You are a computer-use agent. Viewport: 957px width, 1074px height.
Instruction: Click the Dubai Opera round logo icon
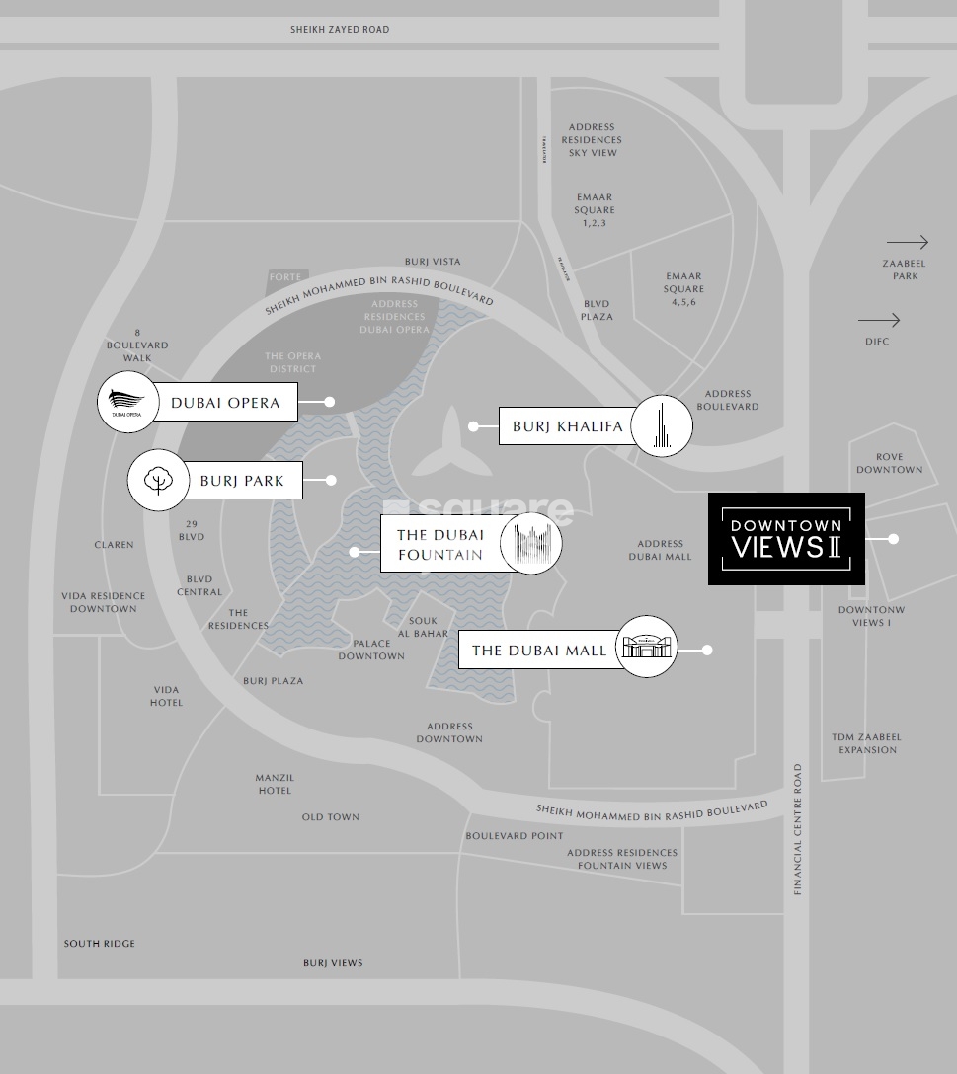pyautogui.click(x=126, y=403)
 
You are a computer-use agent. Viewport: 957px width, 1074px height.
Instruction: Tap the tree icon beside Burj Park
pyautogui.click(x=157, y=481)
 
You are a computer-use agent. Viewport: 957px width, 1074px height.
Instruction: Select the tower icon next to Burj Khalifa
pyautogui.click(x=662, y=426)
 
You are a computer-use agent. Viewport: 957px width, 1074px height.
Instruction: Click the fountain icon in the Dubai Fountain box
pyautogui.click(x=530, y=543)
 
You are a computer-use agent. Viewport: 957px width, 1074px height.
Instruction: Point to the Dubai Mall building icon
pyautogui.click(x=647, y=647)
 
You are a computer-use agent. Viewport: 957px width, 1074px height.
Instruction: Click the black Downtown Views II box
pyautogui.click(x=786, y=539)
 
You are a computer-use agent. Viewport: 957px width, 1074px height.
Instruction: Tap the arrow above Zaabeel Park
pyautogui.click(x=907, y=242)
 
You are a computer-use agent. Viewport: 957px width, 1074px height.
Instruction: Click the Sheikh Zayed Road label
pyautogui.click(x=340, y=30)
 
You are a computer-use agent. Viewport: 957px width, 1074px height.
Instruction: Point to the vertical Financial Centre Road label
pyautogui.click(x=798, y=829)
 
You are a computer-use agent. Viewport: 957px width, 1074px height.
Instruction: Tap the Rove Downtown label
pyautogui.click(x=889, y=463)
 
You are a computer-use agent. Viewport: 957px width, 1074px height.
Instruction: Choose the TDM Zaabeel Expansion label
pyautogui.click(x=866, y=743)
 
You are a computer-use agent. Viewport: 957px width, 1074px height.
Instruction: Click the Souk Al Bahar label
pyautogui.click(x=423, y=627)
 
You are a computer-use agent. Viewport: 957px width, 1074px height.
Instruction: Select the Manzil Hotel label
pyautogui.click(x=275, y=784)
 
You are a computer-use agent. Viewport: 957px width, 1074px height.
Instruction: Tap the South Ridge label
pyautogui.click(x=100, y=944)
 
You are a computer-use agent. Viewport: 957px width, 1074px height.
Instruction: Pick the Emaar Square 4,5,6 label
pyautogui.click(x=683, y=289)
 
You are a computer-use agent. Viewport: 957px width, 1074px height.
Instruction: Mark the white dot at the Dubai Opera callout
pyautogui.click(x=330, y=402)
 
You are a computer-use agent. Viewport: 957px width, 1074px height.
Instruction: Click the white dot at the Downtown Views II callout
pyautogui.click(x=893, y=539)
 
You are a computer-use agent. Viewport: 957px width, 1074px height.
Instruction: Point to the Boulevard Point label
pyautogui.click(x=515, y=836)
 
